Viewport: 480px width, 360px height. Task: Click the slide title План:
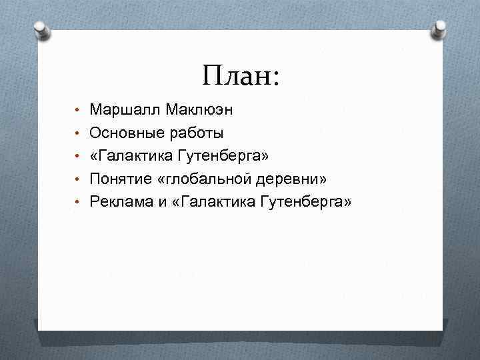point(241,75)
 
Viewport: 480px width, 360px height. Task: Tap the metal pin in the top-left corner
point(41,30)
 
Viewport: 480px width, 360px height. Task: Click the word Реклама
point(118,201)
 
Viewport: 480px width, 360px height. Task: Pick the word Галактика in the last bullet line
point(209,201)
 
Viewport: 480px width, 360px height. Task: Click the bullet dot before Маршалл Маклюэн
point(78,109)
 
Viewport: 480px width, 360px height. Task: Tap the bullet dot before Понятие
point(78,179)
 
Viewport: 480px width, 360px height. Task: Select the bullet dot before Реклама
point(78,202)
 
